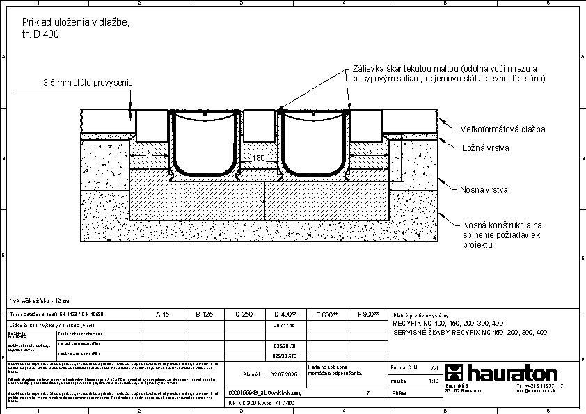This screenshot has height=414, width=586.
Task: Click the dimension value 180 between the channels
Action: [x=259, y=159]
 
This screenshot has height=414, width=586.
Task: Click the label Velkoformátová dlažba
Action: [x=502, y=129]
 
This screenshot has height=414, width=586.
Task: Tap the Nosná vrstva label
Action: [x=484, y=189]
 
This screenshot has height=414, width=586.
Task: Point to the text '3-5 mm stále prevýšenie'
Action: [x=88, y=83]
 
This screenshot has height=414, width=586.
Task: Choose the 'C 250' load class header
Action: [x=244, y=315]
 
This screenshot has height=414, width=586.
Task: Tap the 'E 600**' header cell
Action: [x=326, y=315]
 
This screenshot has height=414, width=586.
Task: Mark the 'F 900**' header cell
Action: [x=367, y=315]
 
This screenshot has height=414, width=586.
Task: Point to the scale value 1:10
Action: [x=433, y=381]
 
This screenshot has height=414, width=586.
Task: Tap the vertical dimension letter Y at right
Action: [x=397, y=159]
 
